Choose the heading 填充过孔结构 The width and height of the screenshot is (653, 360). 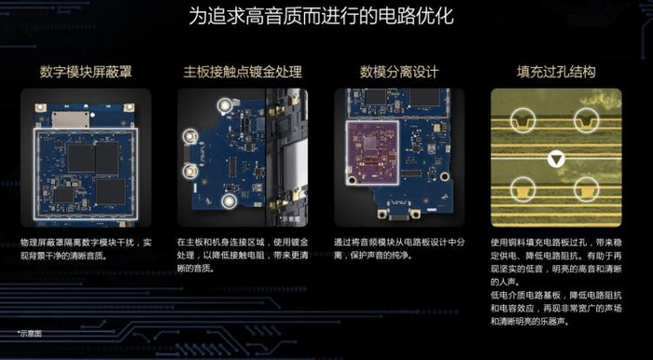click(556, 72)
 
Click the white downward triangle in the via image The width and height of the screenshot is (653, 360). click(556, 159)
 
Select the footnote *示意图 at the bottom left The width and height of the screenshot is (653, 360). click(30, 331)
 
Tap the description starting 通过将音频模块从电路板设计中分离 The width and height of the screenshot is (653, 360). click(397, 248)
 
